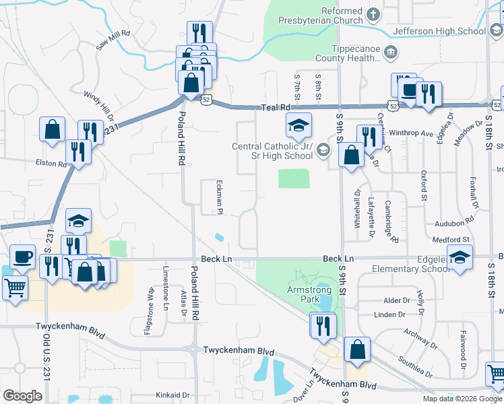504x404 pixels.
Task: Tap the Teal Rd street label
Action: [x=276, y=107]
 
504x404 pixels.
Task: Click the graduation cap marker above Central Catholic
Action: [x=298, y=125]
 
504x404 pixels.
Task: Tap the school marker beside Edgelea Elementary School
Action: [x=460, y=258]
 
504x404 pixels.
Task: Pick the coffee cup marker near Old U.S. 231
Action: [x=22, y=257]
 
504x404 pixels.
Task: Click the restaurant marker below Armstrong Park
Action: [x=322, y=326]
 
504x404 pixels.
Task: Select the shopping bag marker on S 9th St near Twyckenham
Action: [x=356, y=349]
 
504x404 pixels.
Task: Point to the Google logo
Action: [x=22, y=396]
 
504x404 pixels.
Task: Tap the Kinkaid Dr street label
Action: [x=171, y=395]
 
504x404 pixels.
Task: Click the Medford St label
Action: [x=451, y=240]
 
